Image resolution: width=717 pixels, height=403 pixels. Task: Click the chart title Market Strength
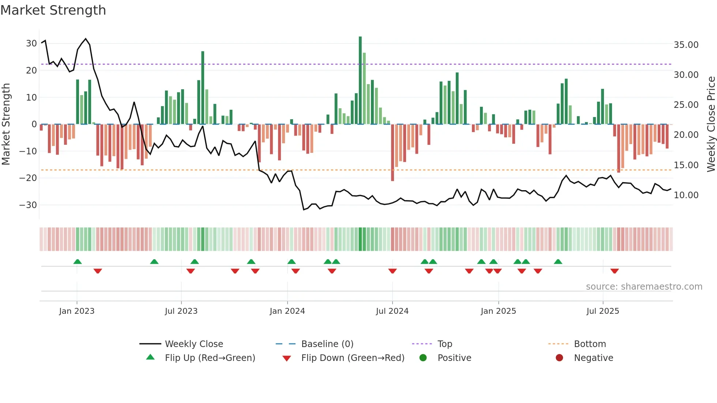pyautogui.click(x=53, y=10)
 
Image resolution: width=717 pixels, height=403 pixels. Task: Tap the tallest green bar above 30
pyautogui.click(x=360, y=80)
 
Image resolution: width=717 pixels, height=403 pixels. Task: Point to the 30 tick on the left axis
pyautogui.click(x=31, y=44)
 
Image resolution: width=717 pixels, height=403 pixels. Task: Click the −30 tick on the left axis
pyautogui.click(x=29, y=205)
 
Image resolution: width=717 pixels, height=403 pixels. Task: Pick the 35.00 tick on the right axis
pyautogui.click(x=686, y=45)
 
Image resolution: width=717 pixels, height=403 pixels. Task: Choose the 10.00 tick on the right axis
pyautogui.click(x=686, y=195)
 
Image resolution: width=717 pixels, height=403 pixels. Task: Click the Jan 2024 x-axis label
pyautogui.click(x=287, y=311)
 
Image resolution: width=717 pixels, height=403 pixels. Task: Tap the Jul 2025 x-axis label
pyautogui.click(x=602, y=311)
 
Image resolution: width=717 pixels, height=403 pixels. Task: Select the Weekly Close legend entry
pyautogui.click(x=194, y=344)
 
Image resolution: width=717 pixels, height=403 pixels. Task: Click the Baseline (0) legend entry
pyautogui.click(x=327, y=344)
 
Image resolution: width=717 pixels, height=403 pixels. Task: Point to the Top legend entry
pyautogui.click(x=444, y=344)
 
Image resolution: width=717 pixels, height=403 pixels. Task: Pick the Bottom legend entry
pyautogui.click(x=590, y=344)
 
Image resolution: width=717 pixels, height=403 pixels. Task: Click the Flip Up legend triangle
pyautogui.click(x=150, y=357)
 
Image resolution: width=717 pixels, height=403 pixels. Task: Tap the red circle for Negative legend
pyautogui.click(x=559, y=358)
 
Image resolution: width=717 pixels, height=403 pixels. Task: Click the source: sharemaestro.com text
pyautogui.click(x=644, y=287)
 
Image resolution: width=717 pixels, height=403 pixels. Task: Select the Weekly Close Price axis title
pyautogui.click(x=711, y=124)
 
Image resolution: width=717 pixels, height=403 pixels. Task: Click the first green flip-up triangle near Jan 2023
pyautogui.click(x=78, y=261)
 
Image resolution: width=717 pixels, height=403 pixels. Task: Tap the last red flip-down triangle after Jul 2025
pyautogui.click(x=615, y=271)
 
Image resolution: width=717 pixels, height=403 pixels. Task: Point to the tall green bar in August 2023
pyautogui.click(x=203, y=88)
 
